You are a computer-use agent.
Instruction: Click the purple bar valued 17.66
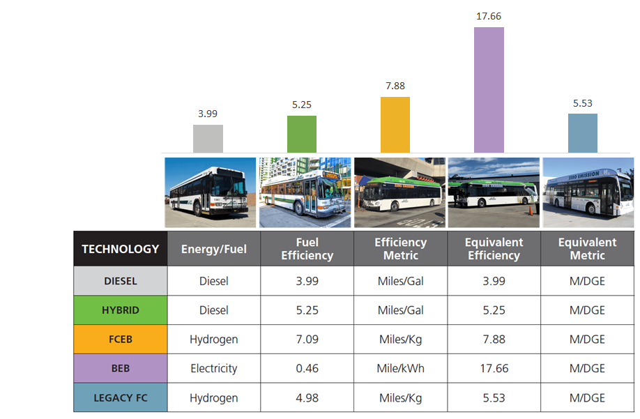point(489,90)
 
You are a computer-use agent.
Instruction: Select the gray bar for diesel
point(208,139)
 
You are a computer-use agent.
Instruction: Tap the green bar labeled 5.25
point(301,134)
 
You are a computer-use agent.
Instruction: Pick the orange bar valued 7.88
point(395,125)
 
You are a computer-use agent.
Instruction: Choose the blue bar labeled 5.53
point(582,133)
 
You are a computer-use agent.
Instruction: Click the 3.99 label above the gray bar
point(208,114)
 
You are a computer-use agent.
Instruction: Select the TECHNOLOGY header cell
point(120,249)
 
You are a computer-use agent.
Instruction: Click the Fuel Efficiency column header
point(307,249)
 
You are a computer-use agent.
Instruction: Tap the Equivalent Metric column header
point(587,249)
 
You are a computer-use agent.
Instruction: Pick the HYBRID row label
point(120,310)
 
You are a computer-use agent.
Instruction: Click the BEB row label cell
point(120,369)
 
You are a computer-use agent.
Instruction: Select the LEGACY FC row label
point(120,398)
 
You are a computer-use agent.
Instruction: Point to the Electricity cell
point(213,369)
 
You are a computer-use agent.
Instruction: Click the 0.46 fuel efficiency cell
point(307,369)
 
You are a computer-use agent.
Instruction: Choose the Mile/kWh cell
point(400,369)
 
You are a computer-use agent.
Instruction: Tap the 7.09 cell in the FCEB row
point(307,340)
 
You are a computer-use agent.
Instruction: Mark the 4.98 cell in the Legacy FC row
point(307,398)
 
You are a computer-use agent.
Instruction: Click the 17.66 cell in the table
point(494,369)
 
